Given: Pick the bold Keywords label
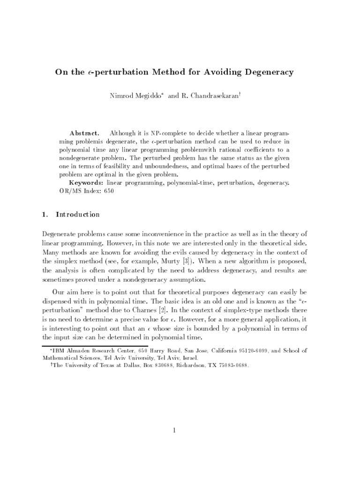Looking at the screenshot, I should [x=86, y=182].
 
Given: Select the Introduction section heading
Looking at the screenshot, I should [x=77, y=215].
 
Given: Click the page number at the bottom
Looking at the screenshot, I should [x=173, y=430].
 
